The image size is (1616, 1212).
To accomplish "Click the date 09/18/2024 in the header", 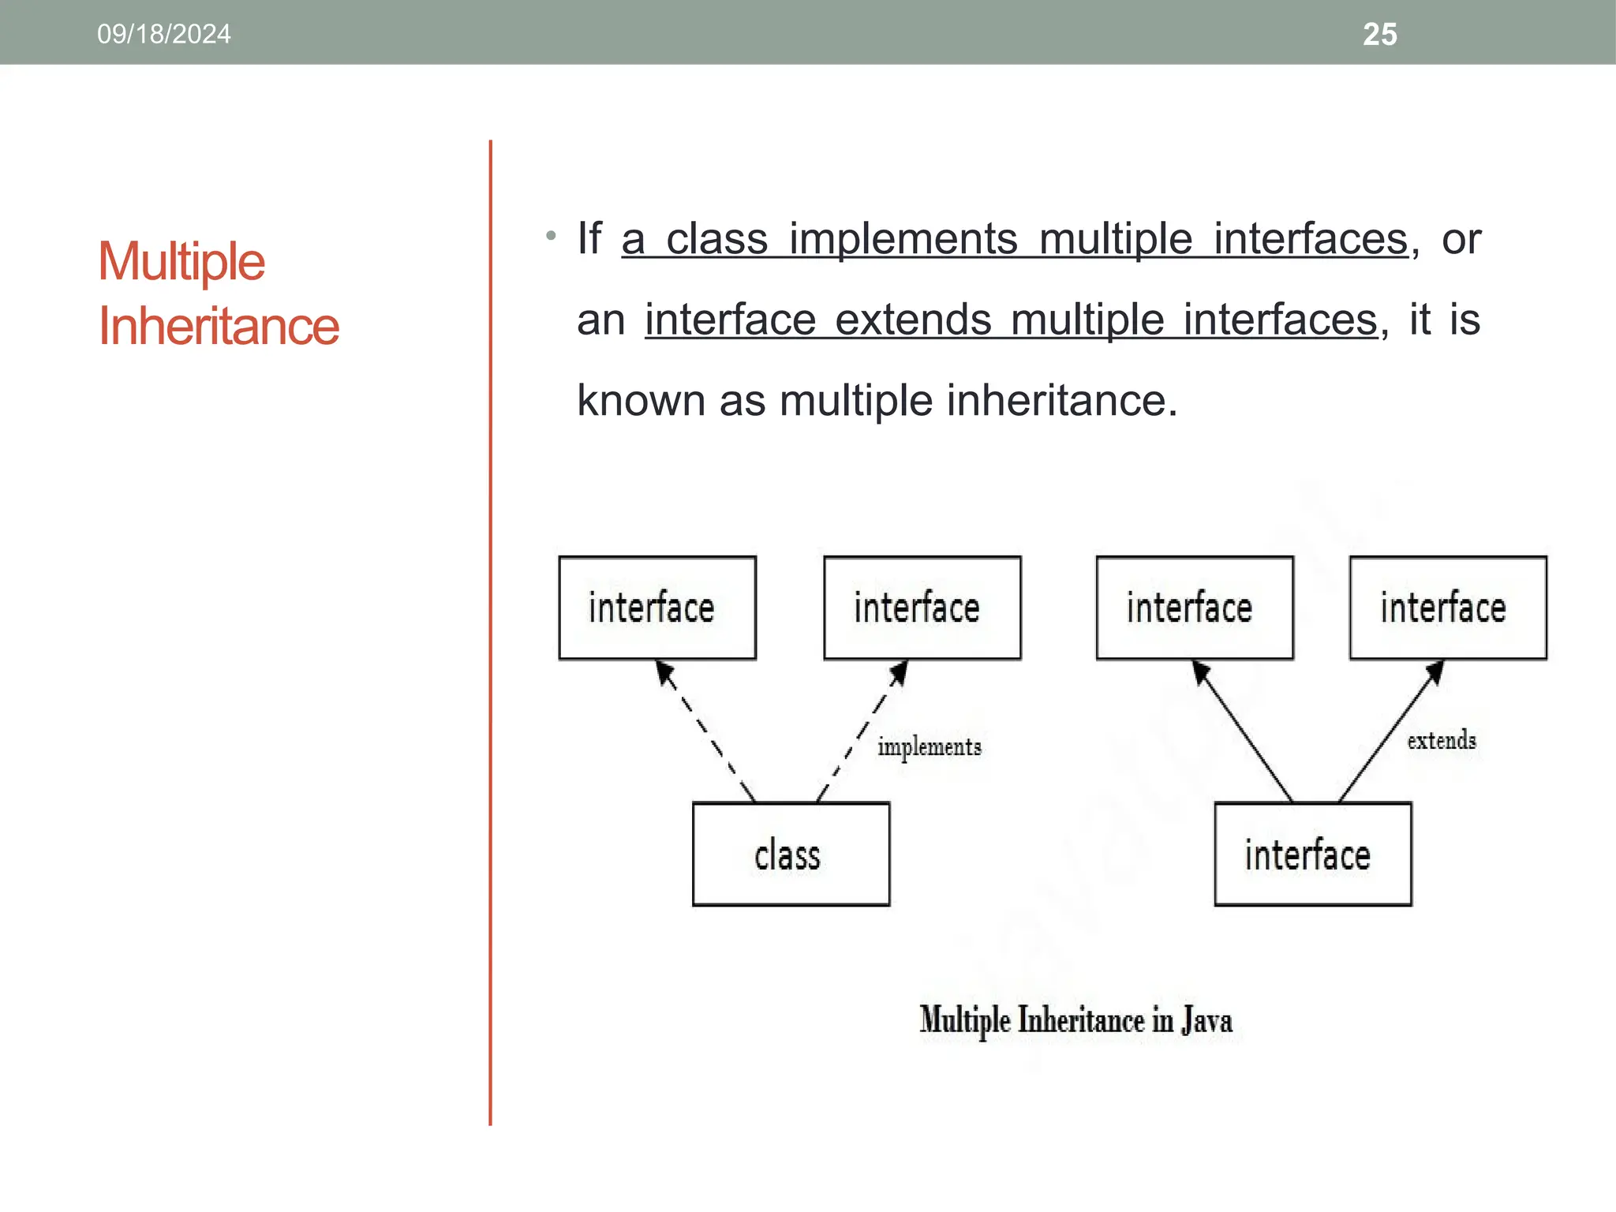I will (x=164, y=34).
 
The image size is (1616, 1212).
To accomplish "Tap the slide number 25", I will (x=1379, y=35).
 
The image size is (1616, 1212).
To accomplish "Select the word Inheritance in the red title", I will (x=219, y=326).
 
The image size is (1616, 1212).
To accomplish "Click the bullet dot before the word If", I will (x=551, y=235).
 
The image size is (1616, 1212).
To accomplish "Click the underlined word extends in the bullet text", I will (x=913, y=320).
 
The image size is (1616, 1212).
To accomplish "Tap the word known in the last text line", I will (x=641, y=401).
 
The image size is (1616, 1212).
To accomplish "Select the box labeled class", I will (x=791, y=855).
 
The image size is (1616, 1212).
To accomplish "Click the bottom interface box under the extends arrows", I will (x=1312, y=855).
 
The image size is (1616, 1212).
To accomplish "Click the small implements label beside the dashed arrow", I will (x=930, y=746).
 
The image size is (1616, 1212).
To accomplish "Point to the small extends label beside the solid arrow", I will (x=1441, y=740).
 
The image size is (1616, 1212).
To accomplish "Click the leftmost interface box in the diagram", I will (x=657, y=608).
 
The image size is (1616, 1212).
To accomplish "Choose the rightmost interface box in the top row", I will (x=1447, y=608).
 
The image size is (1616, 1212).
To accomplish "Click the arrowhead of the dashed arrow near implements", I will (x=900, y=672).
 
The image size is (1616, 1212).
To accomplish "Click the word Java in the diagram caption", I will (x=1206, y=1020).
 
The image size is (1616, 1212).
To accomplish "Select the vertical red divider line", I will (x=490, y=631).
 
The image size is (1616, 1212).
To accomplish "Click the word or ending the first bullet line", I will (x=1461, y=239).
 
